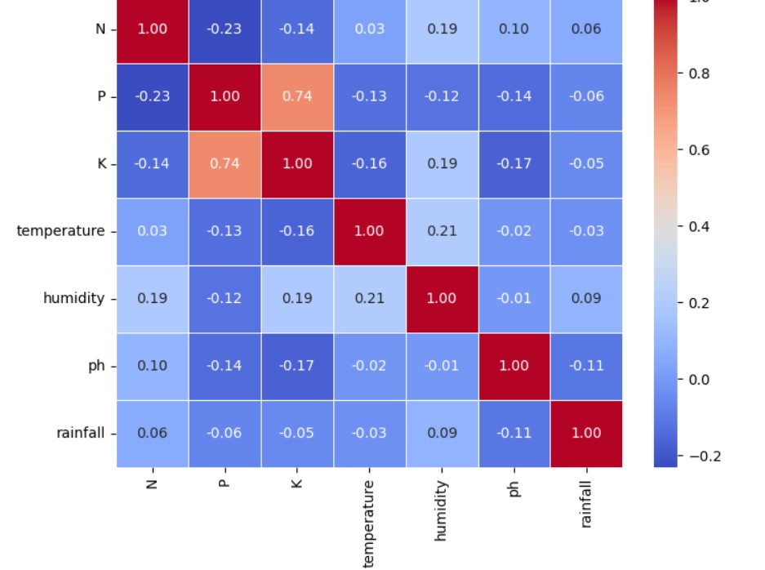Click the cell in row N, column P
pyautogui.click(x=225, y=29)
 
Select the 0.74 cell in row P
pyautogui.click(x=297, y=96)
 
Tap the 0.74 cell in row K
pyautogui.click(x=225, y=163)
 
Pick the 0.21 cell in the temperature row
pyautogui.click(x=442, y=231)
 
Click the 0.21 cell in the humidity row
pyautogui.click(x=369, y=298)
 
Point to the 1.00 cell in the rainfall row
pyautogui.click(x=586, y=433)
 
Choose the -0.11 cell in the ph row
pyautogui.click(x=586, y=365)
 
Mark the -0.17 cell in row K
pyautogui.click(x=514, y=163)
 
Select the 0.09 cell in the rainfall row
pyautogui.click(x=442, y=433)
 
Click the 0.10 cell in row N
pyautogui.click(x=514, y=29)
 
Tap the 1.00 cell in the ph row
pyautogui.click(x=514, y=365)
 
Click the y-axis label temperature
pyautogui.click(x=60, y=231)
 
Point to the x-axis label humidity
pyautogui.click(x=442, y=510)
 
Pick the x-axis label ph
pyautogui.click(x=514, y=488)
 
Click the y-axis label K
pyautogui.click(x=101, y=163)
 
